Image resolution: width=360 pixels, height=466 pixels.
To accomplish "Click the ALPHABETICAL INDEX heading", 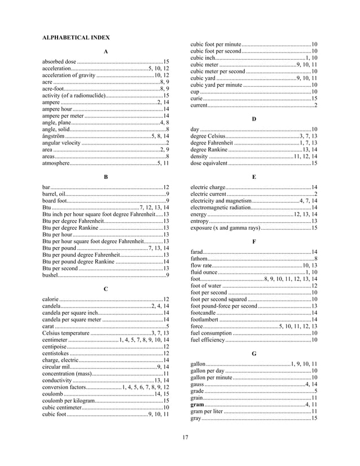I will [x=76, y=37].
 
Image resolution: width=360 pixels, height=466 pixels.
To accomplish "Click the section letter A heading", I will [x=106, y=52].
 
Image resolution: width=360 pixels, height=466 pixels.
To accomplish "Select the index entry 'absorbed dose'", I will [x=59, y=61].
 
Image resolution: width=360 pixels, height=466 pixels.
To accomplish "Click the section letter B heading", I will [x=106, y=177].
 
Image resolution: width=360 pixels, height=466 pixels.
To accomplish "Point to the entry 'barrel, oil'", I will [x=57, y=194].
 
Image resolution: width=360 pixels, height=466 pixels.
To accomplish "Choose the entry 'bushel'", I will [x=50, y=275].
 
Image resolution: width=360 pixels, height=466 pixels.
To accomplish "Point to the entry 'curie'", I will [x=196, y=98].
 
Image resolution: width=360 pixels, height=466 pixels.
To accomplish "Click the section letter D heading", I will [x=254, y=119].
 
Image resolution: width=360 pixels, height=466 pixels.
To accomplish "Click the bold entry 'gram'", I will [x=197, y=405].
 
